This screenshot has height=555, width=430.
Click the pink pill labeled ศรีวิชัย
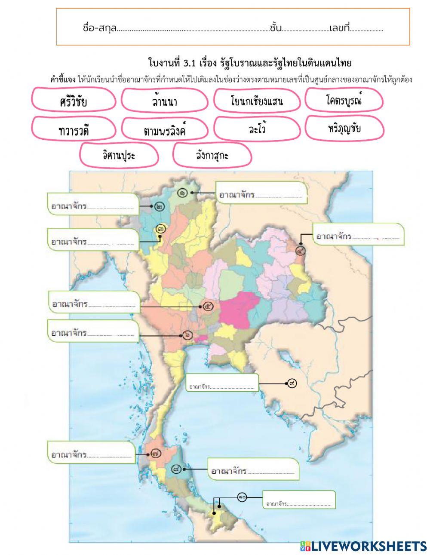pyautogui.click(x=74, y=101)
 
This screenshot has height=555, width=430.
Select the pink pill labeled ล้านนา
pyautogui.click(x=165, y=101)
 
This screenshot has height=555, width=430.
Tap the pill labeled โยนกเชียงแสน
pyautogui.click(x=257, y=101)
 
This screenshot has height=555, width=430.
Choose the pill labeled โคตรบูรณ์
pyautogui.click(x=344, y=100)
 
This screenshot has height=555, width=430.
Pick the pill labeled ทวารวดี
pyautogui.click(x=74, y=129)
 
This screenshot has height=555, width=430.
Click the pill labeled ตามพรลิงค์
pyautogui.click(x=165, y=129)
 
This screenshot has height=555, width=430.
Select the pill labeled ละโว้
pyautogui.click(x=257, y=129)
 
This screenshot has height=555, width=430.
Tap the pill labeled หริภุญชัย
pyautogui.click(x=344, y=128)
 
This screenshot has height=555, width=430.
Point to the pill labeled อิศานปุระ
pyautogui.click(x=119, y=155)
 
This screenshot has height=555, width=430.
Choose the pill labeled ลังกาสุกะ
pyautogui.click(x=212, y=155)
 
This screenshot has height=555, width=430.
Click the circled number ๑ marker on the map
pyautogui.click(x=183, y=193)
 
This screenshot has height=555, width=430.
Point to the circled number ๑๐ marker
pyautogui.click(x=242, y=497)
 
